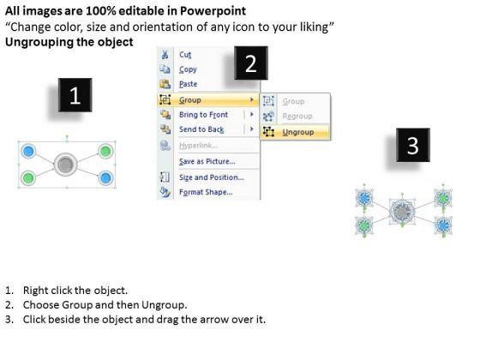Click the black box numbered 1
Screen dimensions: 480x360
click(75, 95)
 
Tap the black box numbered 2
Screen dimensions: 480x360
click(251, 63)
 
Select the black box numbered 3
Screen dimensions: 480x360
click(413, 145)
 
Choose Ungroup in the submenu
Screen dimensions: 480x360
click(298, 132)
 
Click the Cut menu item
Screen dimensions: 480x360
click(185, 55)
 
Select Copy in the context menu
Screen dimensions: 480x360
click(188, 69)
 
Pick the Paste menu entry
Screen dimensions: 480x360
click(188, 84)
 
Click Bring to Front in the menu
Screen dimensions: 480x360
click(204, 115)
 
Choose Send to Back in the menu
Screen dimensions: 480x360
click(201, 129)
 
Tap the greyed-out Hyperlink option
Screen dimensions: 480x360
click(198, 146)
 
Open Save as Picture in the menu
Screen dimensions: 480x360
click(207, 161)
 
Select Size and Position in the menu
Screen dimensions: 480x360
click(212, 177)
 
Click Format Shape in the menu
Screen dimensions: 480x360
click(206, 192)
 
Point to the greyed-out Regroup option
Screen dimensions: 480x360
click(297, 117)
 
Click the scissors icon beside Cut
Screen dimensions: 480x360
click(165, 55)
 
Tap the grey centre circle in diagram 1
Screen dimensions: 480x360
click(65, 165)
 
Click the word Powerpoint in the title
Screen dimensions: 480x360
click(213, 11)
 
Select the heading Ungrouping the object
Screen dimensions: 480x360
click(69, 42)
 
